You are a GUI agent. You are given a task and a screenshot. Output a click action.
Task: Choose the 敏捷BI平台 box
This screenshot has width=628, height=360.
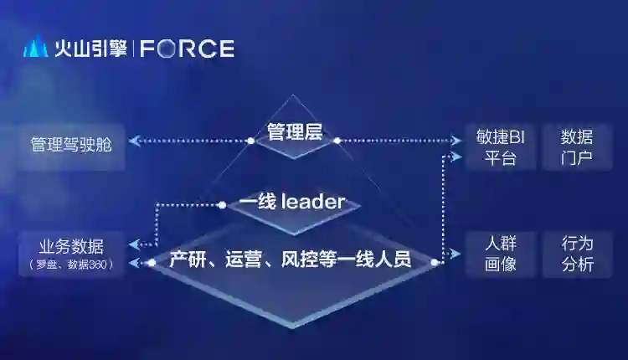(500, 147)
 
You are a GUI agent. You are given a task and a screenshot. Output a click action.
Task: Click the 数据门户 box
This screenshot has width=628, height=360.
(576, 147)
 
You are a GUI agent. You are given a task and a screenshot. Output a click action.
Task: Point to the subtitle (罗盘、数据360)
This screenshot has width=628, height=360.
(71, 265)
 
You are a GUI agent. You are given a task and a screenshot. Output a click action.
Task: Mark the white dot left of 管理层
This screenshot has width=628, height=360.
(250, 141)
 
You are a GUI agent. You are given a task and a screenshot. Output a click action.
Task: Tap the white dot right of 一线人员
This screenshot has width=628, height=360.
(435, 262)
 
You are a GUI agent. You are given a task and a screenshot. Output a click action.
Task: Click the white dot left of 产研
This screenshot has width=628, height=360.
(152, 262)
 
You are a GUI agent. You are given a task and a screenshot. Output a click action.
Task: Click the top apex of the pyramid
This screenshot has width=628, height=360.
(291, 95)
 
